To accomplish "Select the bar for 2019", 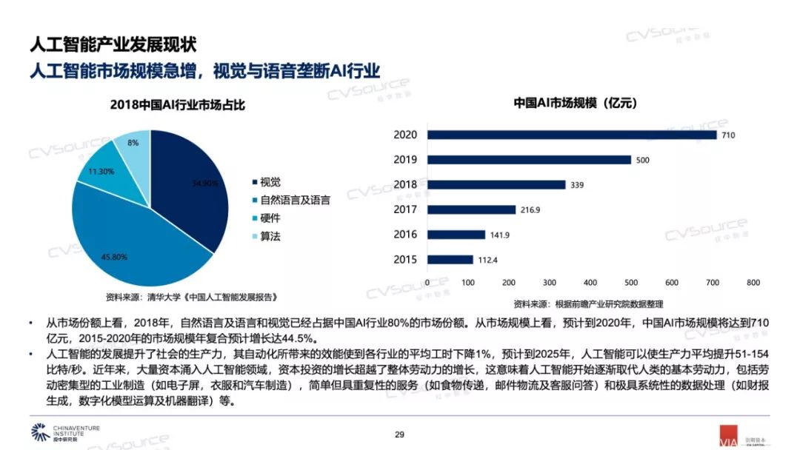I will [x=529, y=160].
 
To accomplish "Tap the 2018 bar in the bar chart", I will [x=496, y=184].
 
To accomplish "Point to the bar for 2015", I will [x=450, y=259].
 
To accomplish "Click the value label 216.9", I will [x=530, y=210].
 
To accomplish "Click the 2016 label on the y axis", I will [x=406, y=235].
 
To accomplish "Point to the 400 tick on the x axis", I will [x=590, y=283].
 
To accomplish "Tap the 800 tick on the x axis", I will [x=753, y=283].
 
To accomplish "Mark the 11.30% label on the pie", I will [x=101, y=171].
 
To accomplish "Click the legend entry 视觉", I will [x=270, y=182].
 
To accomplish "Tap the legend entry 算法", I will [x=270, y=237].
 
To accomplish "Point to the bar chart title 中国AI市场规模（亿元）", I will [x=576, y=103].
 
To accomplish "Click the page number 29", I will [x=399, y=434].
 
